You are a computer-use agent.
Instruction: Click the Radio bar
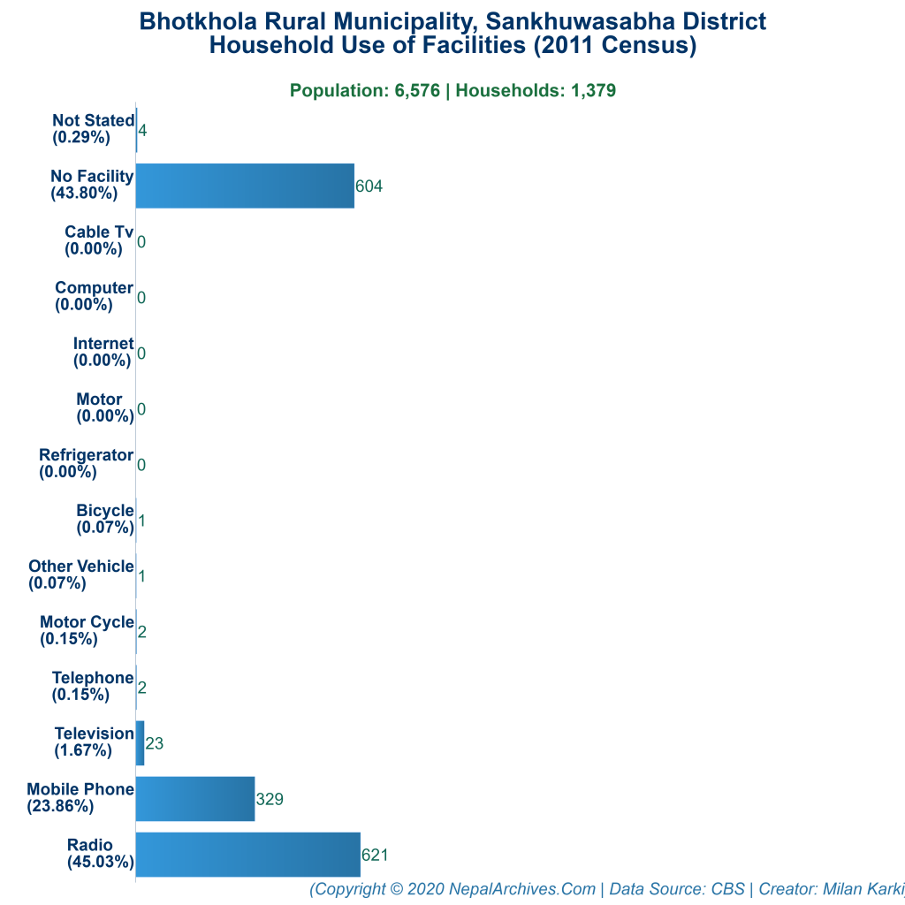click(x=247, y=855)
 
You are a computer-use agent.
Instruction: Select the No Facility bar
click(x=245, y=186)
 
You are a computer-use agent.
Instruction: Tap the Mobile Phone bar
click(x=195, y=799)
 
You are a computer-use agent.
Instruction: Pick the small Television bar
click(x=140, y=743)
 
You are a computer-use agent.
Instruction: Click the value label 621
click(x=375, y=856)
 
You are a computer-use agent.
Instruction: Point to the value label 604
click(x=369, y=186)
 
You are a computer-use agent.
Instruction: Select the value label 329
click(x=270, y=800)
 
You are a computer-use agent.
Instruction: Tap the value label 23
click(x=154, y=744)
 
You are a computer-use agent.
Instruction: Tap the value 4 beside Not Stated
click(x=142, y=131)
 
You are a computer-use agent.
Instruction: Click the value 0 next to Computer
click(x=141, y=298)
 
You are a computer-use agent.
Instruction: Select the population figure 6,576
click(x=415, y=90)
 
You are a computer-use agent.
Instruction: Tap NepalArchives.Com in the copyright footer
click(x=521, y=889)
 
